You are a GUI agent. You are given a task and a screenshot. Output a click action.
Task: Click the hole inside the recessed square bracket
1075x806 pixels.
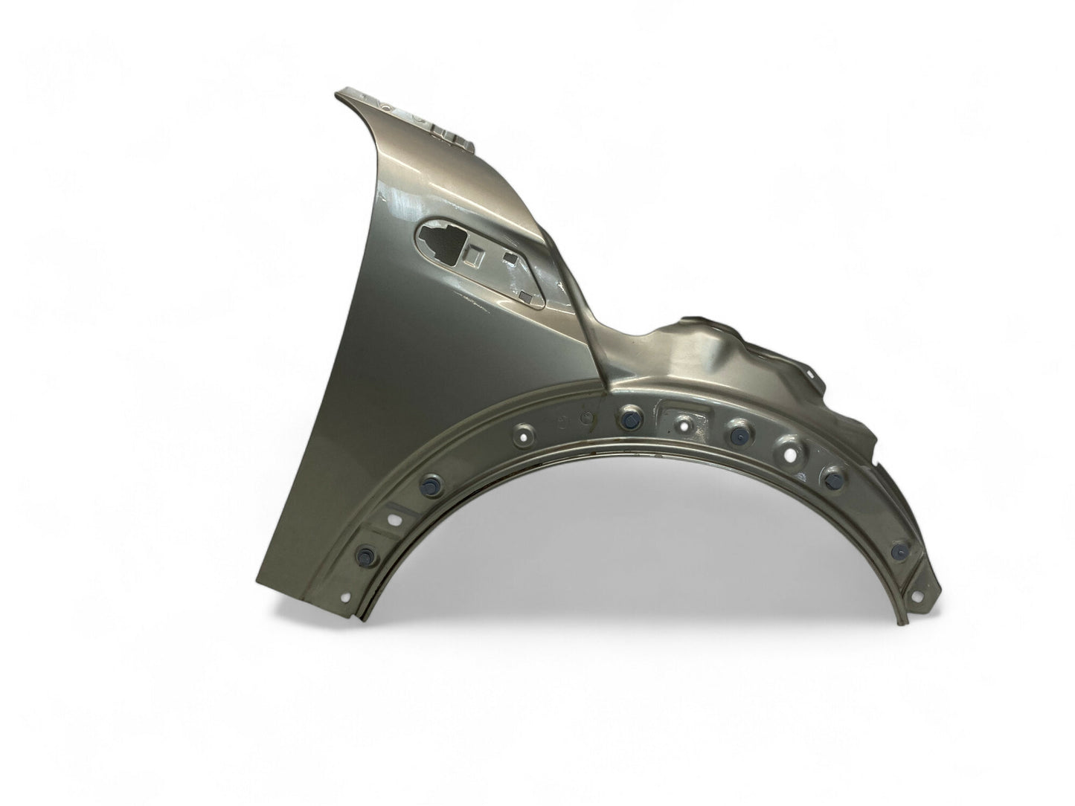click(682, 425)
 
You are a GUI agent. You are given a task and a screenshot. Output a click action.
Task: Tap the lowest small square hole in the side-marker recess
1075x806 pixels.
click(526, 299)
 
